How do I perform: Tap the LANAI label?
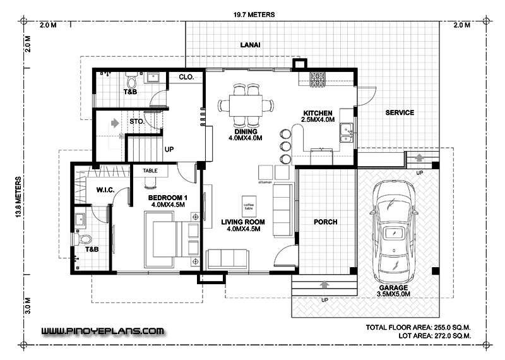tap(251, 45)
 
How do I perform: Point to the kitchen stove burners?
tap(317, 79)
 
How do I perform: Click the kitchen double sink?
tap(347, 130)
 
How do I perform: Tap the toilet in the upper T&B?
tap(131, 81)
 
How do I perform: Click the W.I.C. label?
tap(105, 189)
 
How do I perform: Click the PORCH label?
tap(325, 222)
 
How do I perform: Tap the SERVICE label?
tap(399, 113)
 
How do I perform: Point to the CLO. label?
tap(186, 77)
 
